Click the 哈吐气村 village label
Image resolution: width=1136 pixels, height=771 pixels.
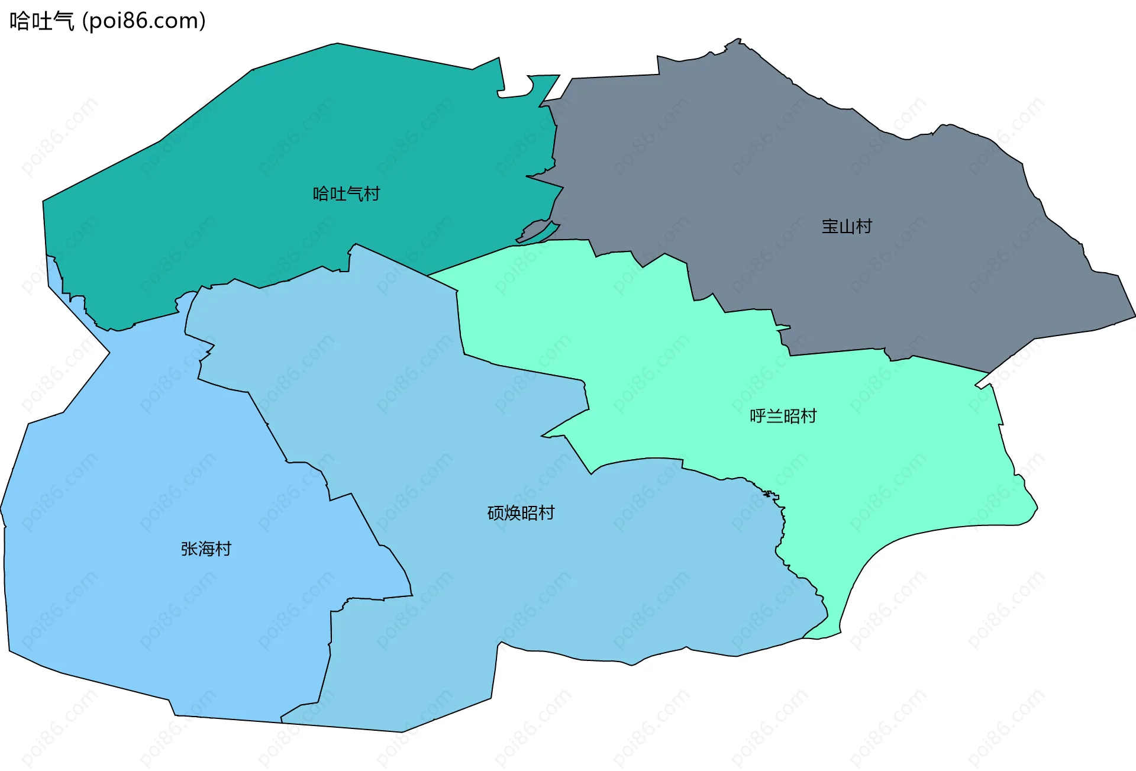[x=346, y=194]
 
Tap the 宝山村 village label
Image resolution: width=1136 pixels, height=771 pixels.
[x=847, y=227]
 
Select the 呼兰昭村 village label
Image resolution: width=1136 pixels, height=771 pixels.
[x=783, y=417]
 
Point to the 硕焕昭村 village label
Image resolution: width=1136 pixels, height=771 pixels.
[x=521, y=513]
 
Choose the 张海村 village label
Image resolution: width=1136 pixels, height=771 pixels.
[x=206, y=549]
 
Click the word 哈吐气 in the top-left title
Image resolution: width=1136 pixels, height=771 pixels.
[x=41, y=21]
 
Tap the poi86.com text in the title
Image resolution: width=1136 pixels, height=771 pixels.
[x=144, y=21]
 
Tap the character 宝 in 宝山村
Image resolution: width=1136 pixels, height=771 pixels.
[x=830, y=227]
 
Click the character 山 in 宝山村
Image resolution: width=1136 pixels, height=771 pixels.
[x=847, y=227]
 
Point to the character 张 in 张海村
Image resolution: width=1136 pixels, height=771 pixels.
[x=189, y=549]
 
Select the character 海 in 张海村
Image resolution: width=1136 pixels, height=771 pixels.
[x=206, y=549]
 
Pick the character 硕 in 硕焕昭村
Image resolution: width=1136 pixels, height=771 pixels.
[x=496, y=513]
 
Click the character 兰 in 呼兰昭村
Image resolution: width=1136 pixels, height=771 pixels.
[x=774, y=417]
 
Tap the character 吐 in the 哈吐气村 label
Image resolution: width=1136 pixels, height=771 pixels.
[x=338, y=194]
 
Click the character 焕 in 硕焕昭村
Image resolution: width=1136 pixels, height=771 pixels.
[x=512, y=513]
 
